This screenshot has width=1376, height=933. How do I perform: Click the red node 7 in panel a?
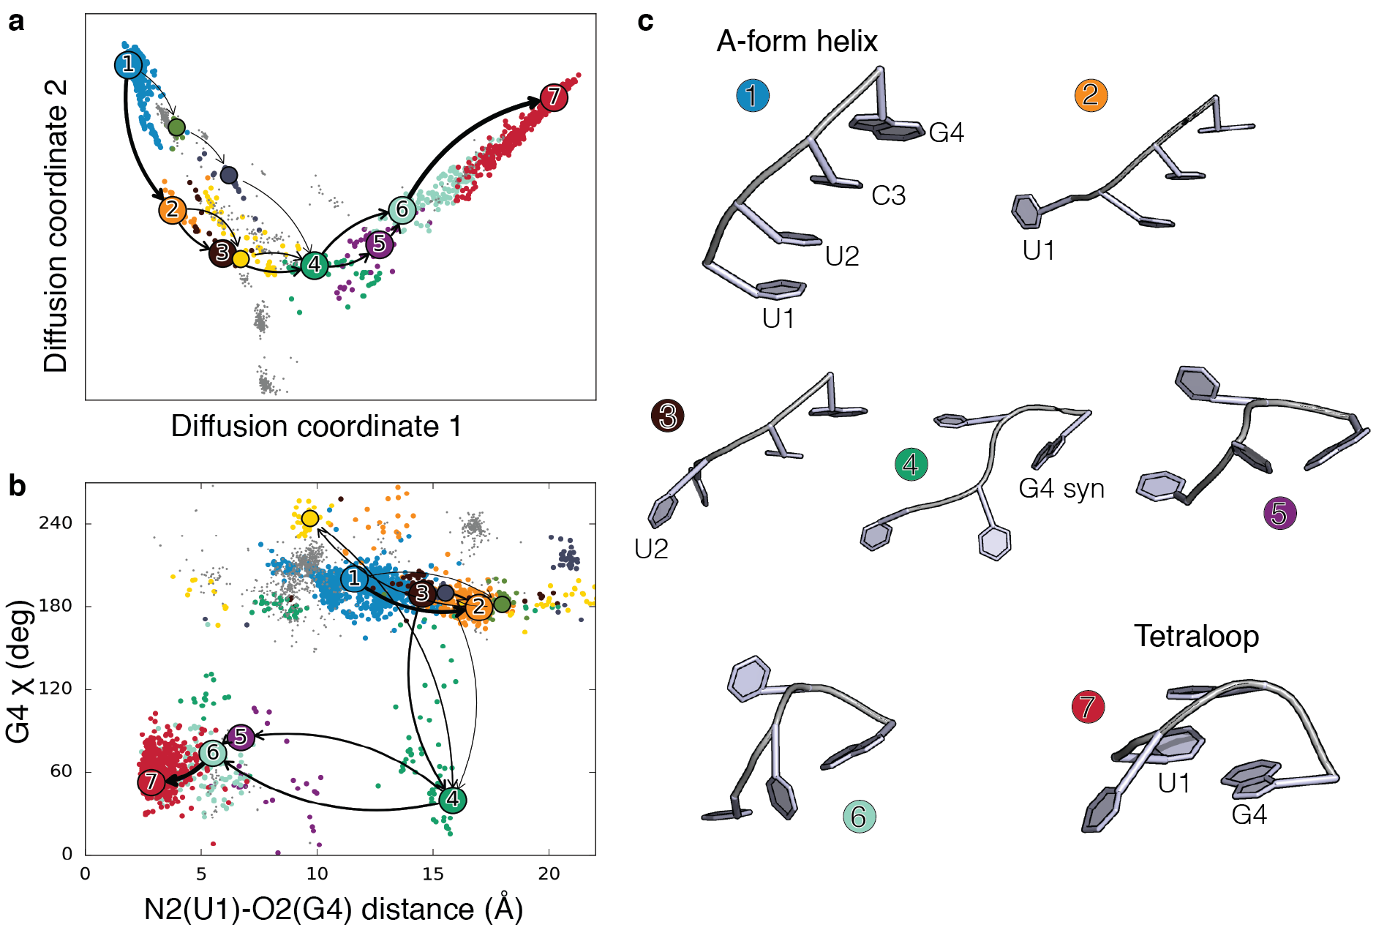pyautogui.click(x=554, y=97)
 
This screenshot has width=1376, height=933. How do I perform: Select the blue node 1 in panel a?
pyautogui.click(x=128, y=64)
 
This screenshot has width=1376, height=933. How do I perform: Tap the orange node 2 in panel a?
pyautogui.click(x=172, y=210)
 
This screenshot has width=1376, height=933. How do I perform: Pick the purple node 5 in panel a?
pyautogui.click(x=379, y=244)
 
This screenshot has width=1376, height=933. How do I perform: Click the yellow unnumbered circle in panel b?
pyautogui.click(x=310, y=518)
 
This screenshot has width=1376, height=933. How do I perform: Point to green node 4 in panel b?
pyautogui.click(x=453, y=799)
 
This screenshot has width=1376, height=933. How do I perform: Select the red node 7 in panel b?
pyautogui.click(x=151, y=782)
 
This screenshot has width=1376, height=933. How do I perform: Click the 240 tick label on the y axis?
pyautogui.click(x=56, y=523)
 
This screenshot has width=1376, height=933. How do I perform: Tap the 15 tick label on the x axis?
pyautogui.click(x=432, y=874)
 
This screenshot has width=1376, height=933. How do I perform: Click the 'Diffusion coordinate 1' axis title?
pyautogui.click(x=316, y=426)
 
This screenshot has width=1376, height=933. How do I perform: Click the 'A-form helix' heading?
pyautogui.click(x=797, y=42)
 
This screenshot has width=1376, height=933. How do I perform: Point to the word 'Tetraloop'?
pyautogui.click(x=1196, y=636)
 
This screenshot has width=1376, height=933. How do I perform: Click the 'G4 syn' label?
pyautogui.click(x=1061, y=488)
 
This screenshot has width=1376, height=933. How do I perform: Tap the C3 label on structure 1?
pyautogui.click(x=888, y=195)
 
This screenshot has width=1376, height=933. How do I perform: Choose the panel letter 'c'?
pyautogui.click(x=645, y=21)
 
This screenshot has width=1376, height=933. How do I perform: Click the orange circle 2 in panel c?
pyautogui.click(x=1091, y=95)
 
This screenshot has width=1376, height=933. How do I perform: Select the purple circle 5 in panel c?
pyautogui.click(x=1280, y=513)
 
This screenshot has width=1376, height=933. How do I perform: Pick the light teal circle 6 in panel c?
pyautogui.click(x=859, y=816)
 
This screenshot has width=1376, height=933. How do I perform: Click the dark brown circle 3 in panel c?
pyautogui.click(x=667, y=416)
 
